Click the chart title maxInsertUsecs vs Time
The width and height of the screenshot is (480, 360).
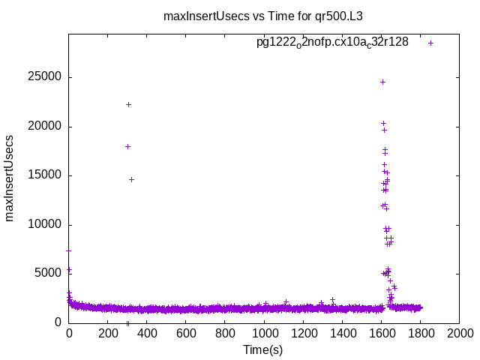click(x=268, y=15)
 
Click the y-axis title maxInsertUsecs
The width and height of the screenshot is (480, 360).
click(x=10, y=178)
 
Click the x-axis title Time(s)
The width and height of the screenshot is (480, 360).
click(x=262, y=349)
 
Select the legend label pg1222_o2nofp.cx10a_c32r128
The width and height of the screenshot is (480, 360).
click(x=332, y=43)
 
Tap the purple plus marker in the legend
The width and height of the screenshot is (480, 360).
click(x=430, y=43)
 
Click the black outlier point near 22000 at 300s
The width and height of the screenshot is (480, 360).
click(x=128, y=104)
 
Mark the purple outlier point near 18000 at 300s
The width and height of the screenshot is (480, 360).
click(x=127, y=146)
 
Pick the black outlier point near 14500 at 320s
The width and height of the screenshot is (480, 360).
click(x=131, y=179)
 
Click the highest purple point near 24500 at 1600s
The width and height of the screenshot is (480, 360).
click(x=382, y=82)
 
